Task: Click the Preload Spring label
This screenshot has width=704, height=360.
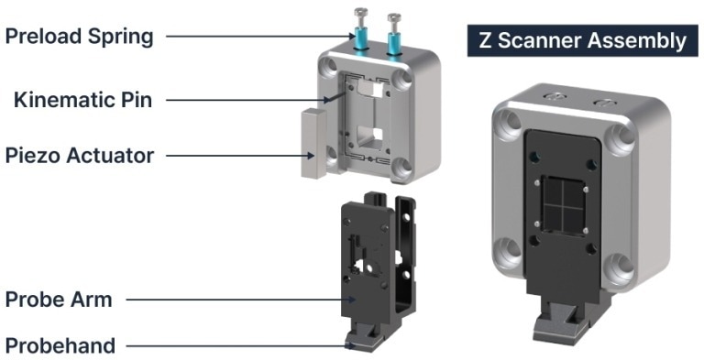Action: [79, 37]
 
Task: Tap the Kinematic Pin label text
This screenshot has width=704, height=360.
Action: [82, 100]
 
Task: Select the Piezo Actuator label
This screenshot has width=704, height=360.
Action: [80, 156]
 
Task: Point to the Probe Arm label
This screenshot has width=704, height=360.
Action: [59, 300]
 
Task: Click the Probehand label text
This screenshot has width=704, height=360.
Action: [60, 346]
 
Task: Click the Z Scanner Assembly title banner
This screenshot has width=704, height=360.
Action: [583, 40]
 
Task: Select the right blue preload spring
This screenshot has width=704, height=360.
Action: [394, 42]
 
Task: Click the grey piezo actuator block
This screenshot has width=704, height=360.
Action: [313, 143]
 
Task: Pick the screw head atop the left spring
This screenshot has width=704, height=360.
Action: [361, 12]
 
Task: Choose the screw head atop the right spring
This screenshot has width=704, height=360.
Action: [394, 17]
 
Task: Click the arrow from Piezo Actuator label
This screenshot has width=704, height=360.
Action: [240, 156]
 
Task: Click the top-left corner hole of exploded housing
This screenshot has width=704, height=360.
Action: [330, 67]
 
